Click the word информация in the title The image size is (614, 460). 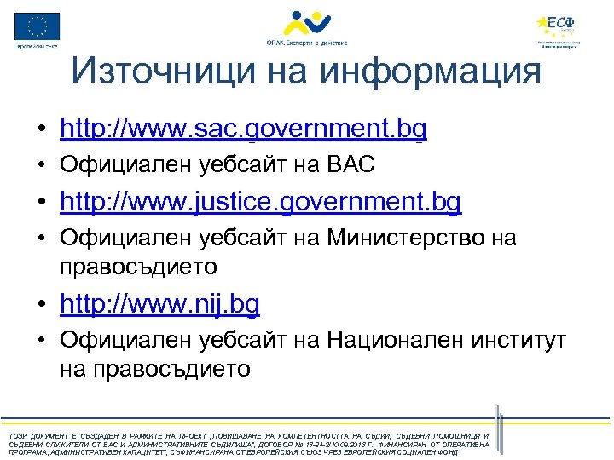(431, 72)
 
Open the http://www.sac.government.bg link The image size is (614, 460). (243, 129)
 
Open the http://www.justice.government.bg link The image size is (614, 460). (260, 202)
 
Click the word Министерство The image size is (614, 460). (398, 238)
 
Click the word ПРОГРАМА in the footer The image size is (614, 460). (23, 453)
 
